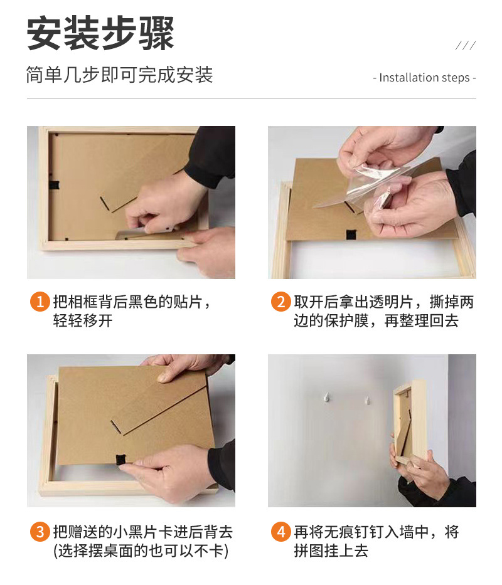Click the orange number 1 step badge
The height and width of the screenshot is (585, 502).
40,302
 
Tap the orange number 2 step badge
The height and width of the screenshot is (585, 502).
281,302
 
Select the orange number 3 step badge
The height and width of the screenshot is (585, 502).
40,531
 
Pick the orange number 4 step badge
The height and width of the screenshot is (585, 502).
281,531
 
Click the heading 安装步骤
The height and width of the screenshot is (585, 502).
100,33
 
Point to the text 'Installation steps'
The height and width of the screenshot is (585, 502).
424,78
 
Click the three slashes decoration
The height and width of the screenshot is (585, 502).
466,46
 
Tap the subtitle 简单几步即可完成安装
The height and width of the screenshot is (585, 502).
119,75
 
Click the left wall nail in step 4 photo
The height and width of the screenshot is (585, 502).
326,397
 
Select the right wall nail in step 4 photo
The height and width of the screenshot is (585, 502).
368,401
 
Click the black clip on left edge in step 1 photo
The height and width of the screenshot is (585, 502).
54,185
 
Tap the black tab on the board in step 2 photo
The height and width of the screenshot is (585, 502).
351,235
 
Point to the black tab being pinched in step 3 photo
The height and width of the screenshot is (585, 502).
120,460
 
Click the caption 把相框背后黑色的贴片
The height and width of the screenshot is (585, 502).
128,302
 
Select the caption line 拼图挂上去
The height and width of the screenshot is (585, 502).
331,551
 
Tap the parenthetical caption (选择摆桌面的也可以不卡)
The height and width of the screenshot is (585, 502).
141,551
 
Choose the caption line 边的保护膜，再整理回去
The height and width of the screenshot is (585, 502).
376,321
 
